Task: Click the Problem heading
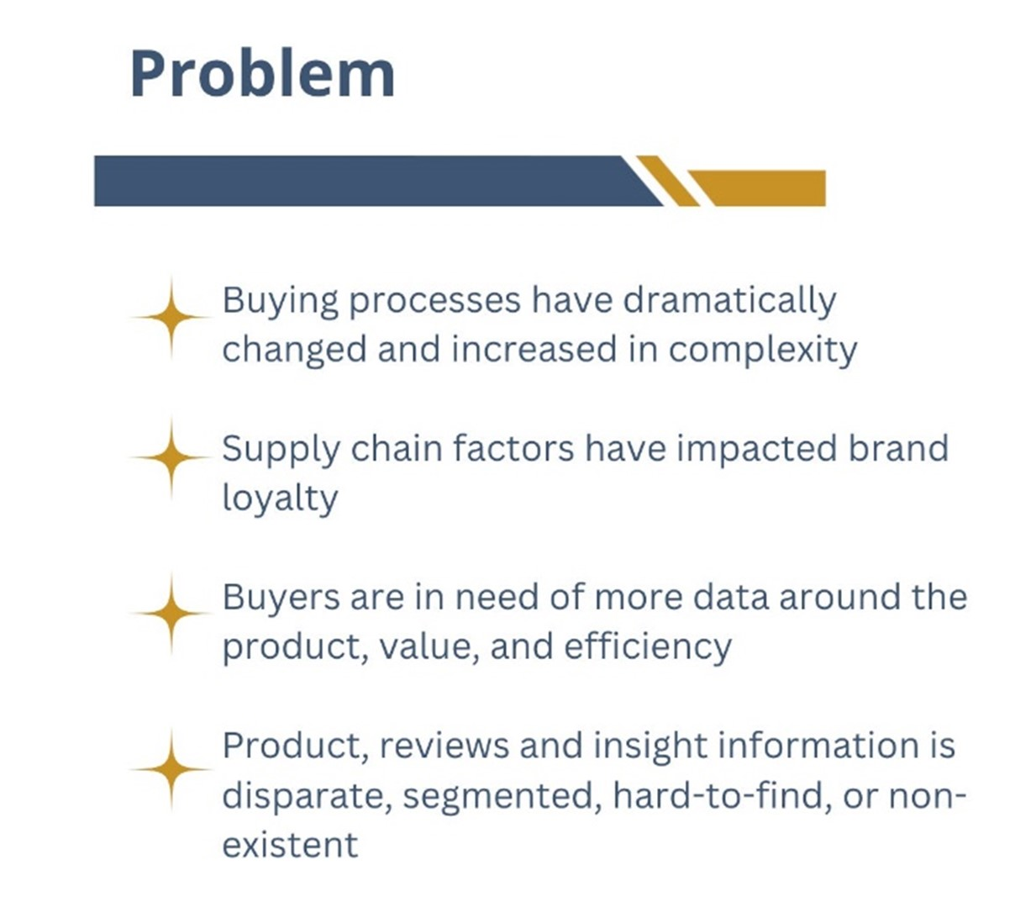point(263,74)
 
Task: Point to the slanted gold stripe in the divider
point(667,181)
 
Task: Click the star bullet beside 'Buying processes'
point(171,318)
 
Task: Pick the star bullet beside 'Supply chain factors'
point(171,457)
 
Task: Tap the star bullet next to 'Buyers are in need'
point(171,613)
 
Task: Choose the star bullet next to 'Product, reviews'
point(171,769)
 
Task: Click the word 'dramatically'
point(729,302)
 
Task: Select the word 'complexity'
point(763,351)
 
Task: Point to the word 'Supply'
point(281,450)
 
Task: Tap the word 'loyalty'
point(280,499)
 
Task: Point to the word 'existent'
point(291,845)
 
